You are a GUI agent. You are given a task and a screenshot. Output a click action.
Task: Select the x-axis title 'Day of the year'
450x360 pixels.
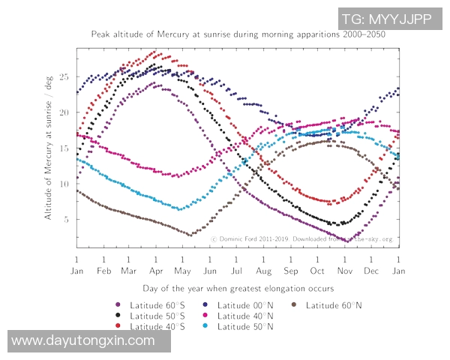click(x=238, y=287)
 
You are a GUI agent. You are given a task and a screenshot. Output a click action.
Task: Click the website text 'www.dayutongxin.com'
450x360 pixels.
click(x=84, y=340)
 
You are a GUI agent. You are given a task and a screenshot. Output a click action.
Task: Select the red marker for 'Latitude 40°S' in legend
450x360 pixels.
click(x=118, y=326)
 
